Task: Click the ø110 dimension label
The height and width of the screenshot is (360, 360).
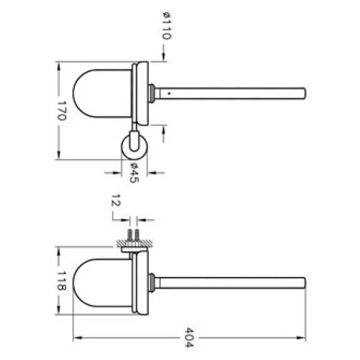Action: [167, 26]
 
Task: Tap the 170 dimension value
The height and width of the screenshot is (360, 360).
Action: [62, 110]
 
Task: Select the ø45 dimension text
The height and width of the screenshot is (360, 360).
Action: [134, 173]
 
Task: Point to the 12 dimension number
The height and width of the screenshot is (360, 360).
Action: [116, 200]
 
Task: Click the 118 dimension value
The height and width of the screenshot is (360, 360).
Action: [62, 281]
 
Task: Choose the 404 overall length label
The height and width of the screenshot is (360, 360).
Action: [190, 337]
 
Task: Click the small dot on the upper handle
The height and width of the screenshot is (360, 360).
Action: [169, 94]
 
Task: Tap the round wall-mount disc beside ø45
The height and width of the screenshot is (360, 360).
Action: [134, 146]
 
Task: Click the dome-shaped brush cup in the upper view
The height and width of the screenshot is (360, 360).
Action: [103, 93]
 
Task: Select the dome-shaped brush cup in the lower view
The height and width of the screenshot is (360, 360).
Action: [103, 283]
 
